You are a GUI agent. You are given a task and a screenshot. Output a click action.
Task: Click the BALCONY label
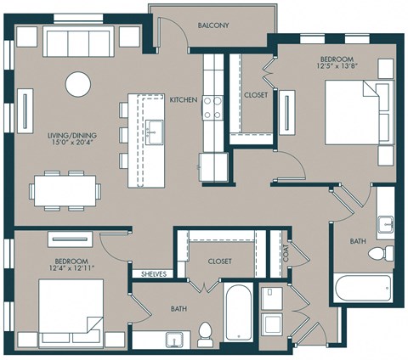tap(212, 25)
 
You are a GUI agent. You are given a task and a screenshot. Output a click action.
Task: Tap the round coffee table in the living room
tap(78, 83)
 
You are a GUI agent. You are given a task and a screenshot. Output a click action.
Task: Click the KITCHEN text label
tap(184, 100)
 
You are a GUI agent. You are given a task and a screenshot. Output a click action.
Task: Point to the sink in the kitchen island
tap(154, 131)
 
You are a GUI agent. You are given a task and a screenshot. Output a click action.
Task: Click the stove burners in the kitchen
tap(212, 106)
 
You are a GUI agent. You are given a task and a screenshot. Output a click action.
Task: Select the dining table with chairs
tap(66, 190)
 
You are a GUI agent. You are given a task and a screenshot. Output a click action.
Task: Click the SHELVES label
tap(153, 274)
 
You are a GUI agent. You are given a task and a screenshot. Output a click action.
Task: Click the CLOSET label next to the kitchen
tap(255, 96)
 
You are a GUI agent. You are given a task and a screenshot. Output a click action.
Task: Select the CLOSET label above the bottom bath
tap(219, 262)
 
